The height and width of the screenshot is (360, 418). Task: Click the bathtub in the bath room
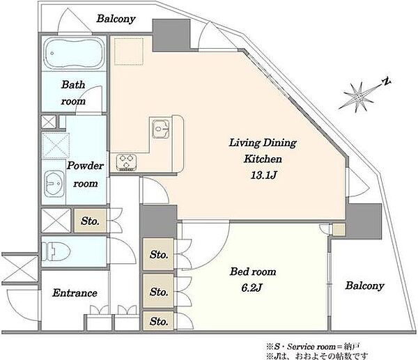pos(74,53)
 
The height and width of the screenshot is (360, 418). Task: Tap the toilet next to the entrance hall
pos(56,251)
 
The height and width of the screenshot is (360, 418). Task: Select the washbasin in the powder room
pos(54,183)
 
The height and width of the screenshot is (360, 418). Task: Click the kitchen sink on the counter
pos(161,129)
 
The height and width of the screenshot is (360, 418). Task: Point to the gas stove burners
pos(126,162)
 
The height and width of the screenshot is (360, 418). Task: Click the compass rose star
pos(359,97)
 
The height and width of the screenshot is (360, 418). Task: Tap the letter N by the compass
pos(386,81)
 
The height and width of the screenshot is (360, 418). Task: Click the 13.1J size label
pos(263,175)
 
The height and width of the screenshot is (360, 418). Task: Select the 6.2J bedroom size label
pos(251,288)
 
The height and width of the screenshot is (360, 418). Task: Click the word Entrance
pos(75,293)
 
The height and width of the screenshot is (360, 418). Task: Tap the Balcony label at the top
pos(116,19)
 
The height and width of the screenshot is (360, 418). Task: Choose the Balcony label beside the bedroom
pos(364,285)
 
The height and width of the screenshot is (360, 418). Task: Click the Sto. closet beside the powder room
pos(90,221)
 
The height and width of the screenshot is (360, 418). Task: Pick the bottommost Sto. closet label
pos(159,322)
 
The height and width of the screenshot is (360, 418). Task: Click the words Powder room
pos(85,174)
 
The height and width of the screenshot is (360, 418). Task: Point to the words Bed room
pos(253,272)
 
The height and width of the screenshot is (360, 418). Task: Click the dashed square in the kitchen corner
pos(129,51)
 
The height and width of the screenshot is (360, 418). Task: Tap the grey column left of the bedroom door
pos(158,221)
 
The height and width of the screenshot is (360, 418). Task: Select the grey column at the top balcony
pos(171,35)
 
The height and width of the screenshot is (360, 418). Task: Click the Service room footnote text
pos(313,347)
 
